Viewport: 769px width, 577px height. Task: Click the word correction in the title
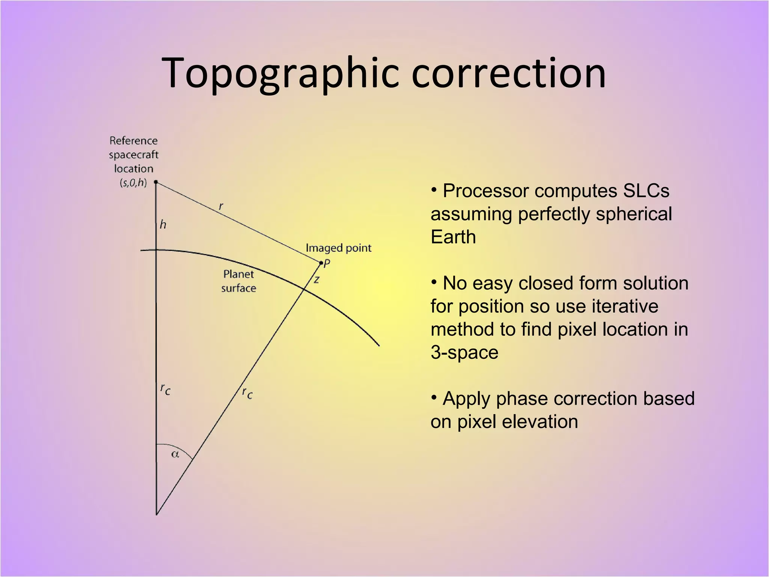coord(508,74)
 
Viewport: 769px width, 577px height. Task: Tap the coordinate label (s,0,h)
coord(133,183)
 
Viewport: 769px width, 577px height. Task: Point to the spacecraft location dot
coord(156,182)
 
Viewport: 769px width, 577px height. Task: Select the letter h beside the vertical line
coord(163,225)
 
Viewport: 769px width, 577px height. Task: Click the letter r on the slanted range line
coord(221,206)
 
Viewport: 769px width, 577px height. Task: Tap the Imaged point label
coord(338,248)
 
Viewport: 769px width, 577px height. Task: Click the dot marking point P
coord(321,263)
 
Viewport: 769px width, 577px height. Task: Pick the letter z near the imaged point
coord(317,279)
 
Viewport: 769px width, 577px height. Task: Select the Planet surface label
coord(238,281)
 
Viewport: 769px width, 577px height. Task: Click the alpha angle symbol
coord(175,455)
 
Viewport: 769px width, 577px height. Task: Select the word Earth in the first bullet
coord(453,237)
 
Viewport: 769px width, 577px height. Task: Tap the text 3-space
coord(464,352)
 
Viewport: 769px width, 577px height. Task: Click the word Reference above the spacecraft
coord(133,141)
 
